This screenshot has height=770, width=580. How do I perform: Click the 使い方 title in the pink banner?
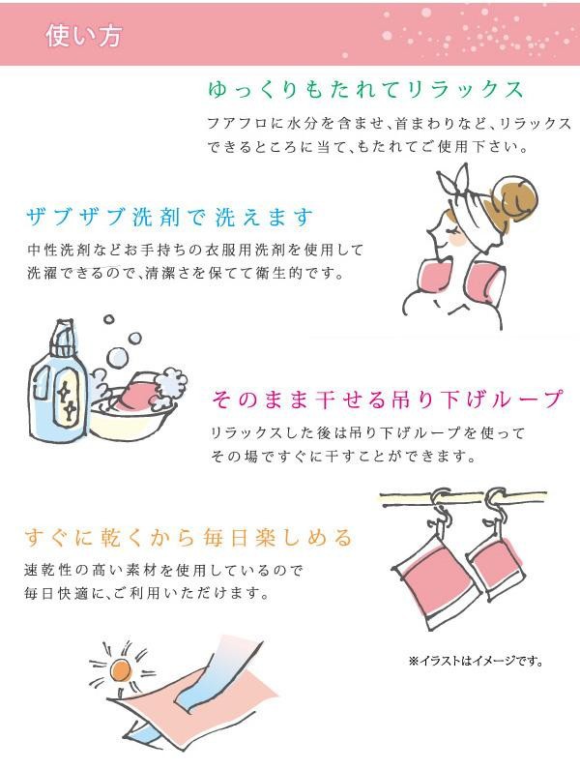(83, 36)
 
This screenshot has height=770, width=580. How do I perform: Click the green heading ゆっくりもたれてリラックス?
(365, 90)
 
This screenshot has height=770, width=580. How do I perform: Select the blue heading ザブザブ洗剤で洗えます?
(170, 217)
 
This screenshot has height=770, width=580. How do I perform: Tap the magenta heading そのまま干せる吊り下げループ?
(387, 400)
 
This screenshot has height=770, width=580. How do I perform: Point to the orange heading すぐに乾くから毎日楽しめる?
(188, 537)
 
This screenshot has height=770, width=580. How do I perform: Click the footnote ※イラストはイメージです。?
(476, 661)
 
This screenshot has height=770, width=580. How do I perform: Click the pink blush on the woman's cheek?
(455, 239)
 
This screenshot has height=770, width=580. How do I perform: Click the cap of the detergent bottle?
(63, 339)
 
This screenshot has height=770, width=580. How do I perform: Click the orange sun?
(120, 669)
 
